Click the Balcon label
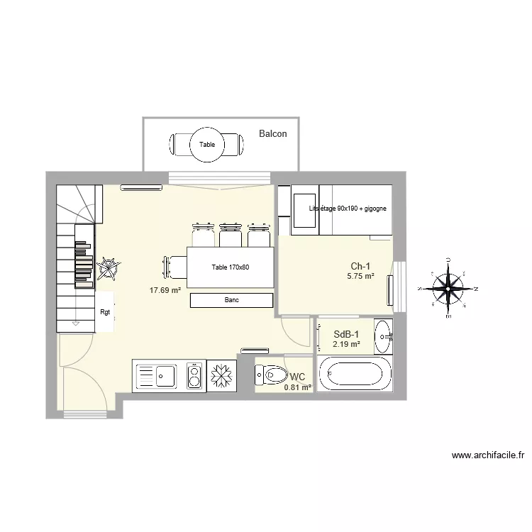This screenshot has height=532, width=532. tap(273, 133)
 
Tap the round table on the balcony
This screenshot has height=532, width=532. tap(207, 145)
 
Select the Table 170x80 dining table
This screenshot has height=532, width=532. tap(231, 267)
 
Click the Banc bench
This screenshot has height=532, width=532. tap(231, 301)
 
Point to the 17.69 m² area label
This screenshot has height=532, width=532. tap(165, 289)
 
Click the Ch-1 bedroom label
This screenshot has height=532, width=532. tap(360, 266)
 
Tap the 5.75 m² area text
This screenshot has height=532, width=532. tap(360, 277)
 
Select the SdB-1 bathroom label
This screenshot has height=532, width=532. tap(347, 334)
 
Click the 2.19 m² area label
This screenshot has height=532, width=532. tap(346, 345)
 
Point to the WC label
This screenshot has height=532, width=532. tap(297, 376)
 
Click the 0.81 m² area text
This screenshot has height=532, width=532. tap(297, 387)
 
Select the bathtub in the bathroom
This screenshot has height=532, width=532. tap(354, 374)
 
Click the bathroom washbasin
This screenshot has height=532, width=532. tap(383, 333)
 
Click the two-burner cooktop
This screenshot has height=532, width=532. tap(193, 376)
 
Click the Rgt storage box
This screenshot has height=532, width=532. tap(105, 312)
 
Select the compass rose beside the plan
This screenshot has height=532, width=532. tap(448, 288)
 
